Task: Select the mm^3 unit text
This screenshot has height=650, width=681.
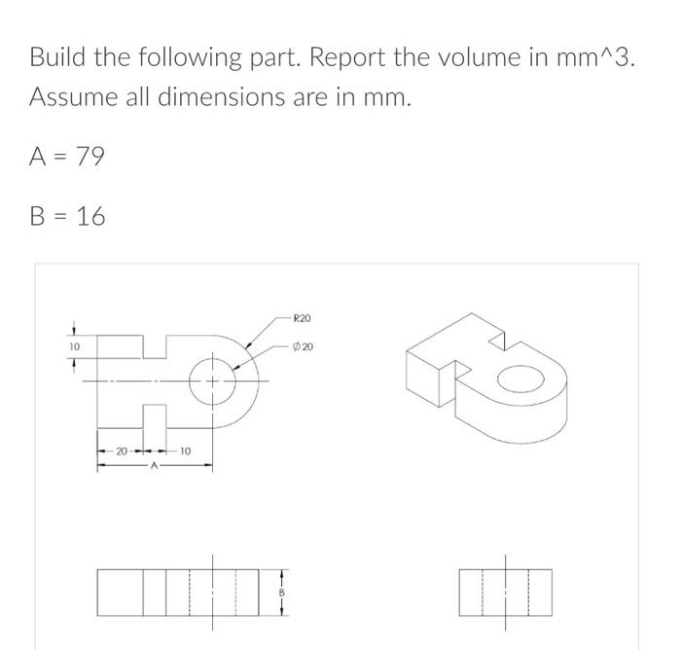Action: (x=592, y=57)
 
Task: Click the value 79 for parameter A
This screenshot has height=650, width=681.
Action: (x=89, y=156)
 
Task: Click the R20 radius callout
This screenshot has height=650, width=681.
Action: (x=302, y=318)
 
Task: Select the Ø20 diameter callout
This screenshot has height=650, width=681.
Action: (x=303, y=347)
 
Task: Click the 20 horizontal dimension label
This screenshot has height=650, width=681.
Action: (x=121, y=451)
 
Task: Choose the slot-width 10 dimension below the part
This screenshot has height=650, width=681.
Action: (x=185, y=451)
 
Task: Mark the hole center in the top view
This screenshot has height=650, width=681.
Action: (x=210, y=380)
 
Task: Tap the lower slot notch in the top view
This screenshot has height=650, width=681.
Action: (x=156, y=414)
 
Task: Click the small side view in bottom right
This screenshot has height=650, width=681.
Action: (x=505, y=593)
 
